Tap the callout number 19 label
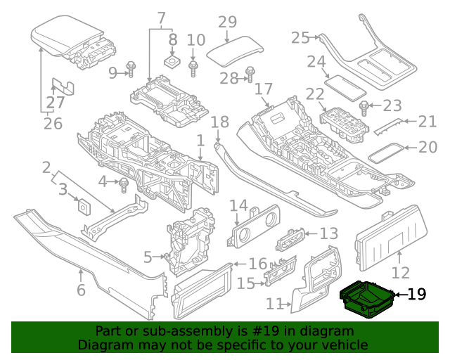coord(417,294)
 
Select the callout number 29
coord(227,22)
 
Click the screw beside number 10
coord(195,68)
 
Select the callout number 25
coord(300,37)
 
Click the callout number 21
coord(427,122)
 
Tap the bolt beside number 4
coord(124,185)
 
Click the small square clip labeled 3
coord(84,207)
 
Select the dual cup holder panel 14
coord(251,225)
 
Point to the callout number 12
coord(400,273)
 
